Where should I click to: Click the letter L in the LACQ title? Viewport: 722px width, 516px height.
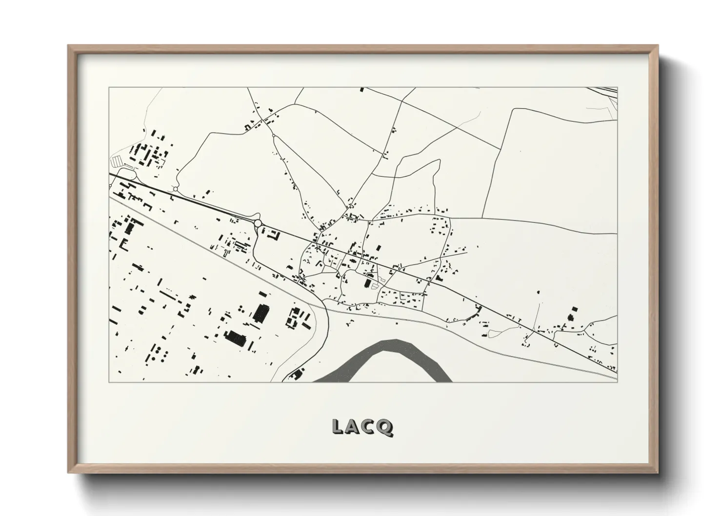(338, 427)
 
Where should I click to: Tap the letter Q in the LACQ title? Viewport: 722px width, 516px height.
(385, 427)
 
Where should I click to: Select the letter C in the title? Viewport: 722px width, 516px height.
(369, 427)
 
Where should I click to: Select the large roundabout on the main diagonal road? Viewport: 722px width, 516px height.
(258, 223)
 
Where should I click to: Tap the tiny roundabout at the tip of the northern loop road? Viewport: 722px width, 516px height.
(274, 136)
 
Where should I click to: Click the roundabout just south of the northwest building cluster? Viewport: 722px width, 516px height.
(175, 189)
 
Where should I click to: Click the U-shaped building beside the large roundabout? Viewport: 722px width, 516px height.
(274, 236)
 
